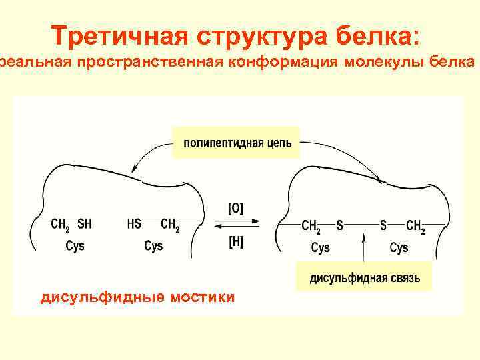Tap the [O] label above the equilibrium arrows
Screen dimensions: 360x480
point(236,209)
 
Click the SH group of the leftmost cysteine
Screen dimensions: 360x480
point(85,225)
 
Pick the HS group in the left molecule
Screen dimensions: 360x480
point(135,225)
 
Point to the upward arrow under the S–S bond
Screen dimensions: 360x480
point(363,245)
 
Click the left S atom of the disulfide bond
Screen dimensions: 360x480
point(339,226)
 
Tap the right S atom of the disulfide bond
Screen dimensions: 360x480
point(383,226)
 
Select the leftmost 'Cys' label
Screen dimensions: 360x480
point(75,246)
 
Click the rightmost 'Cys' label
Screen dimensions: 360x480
point(399,247)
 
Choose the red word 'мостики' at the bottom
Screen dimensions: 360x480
point(203,296)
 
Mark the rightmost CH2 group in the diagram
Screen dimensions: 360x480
point(415,227)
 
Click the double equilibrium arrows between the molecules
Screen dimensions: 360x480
point(236,225)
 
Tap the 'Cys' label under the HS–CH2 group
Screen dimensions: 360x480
point(153,246)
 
